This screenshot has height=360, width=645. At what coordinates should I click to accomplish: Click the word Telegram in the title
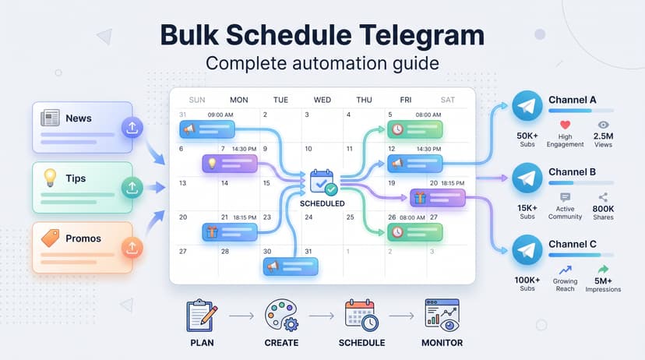point(411,36)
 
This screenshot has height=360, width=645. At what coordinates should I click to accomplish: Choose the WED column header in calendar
point(321,100)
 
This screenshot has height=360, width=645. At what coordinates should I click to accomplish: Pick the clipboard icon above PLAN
point(201,316)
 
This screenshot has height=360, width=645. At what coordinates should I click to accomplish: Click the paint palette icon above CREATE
point(280,316)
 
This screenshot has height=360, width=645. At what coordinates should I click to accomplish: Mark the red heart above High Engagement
point(565,125)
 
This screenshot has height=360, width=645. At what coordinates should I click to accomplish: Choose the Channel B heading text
point(573,171)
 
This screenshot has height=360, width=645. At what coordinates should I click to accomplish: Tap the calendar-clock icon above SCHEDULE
point(361,316)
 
